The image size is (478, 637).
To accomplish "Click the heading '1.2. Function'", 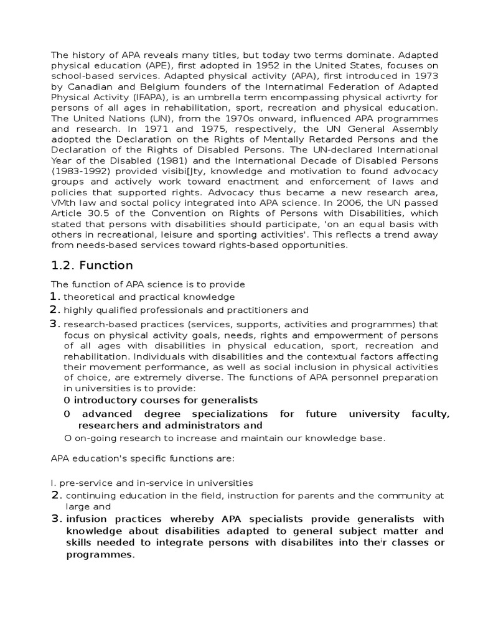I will coord(91,266).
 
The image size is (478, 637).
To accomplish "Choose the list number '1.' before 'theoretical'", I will coord(55,296).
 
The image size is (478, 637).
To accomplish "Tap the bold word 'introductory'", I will coord(106,399).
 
